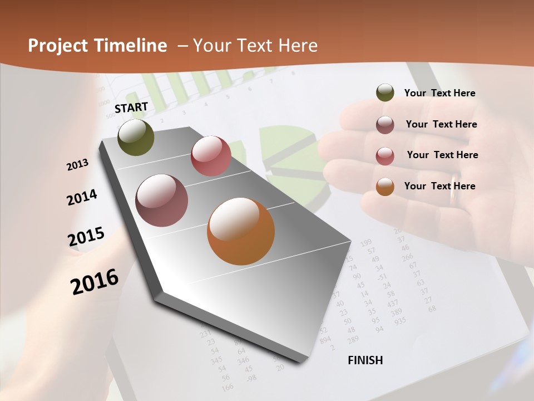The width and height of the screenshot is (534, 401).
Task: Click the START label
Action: pyautogui.click(x=131, y=107)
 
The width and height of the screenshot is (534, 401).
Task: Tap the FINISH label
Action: pyautogui.click(x=365, y=360)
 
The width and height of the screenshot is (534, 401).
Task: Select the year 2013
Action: pyautogui.click(x=78, y=165)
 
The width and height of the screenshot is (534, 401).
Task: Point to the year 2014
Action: pyautogui.click(x=82, y=197)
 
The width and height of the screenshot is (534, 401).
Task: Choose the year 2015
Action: pyautogui.click(x=86, y=237)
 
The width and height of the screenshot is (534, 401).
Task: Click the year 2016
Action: pyautogui.click(x=95, y=281)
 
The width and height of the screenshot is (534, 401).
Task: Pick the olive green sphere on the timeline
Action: pyautogui.click(x=136, y=137)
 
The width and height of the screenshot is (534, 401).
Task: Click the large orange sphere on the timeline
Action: pyautogui.click(x=241, y=231)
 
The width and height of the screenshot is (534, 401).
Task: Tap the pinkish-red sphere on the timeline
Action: pyautogui.click(x=211, y=155)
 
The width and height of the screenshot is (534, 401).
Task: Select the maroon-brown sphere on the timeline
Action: pyautogui.click(x=162, y=200)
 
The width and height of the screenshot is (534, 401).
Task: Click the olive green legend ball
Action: pyautogui.click(x=385, y=93)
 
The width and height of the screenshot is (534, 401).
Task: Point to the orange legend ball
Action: pyautogui.click(x=385, y=187)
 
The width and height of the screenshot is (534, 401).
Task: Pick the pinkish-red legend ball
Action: pyautogui.click(x=385, y=156)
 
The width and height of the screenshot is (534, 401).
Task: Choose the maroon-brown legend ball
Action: pyautogui.click(x=385, y=125)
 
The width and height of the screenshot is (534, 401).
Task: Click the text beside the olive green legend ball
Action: pyautogui.click(x=439, y=94)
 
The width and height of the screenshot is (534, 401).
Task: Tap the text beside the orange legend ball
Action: pyautogui.click(x=439, y=186)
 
